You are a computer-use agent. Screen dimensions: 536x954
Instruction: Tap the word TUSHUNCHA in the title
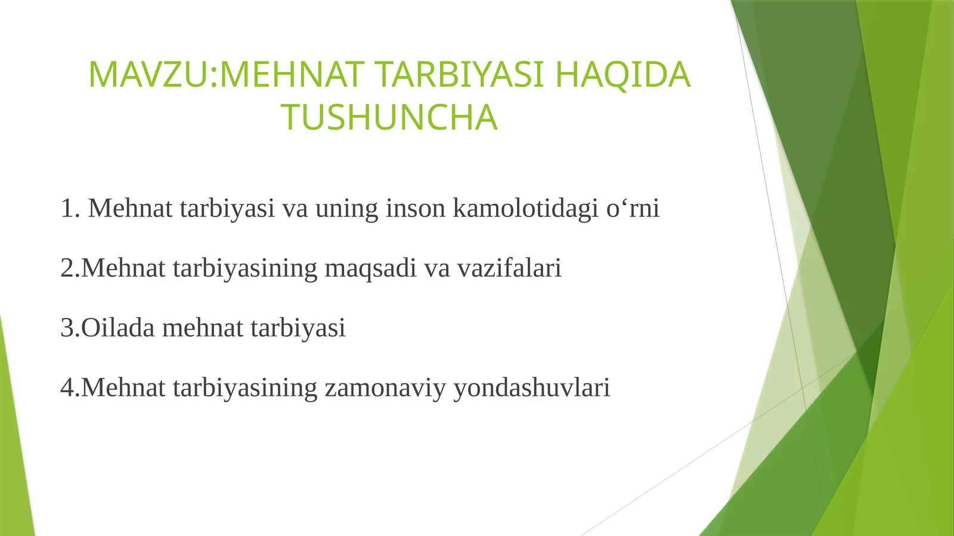[389, 117]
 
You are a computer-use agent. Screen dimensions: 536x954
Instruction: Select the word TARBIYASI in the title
[460, 75]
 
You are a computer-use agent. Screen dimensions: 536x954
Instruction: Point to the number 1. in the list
[70, 209]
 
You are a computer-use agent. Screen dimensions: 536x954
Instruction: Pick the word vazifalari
[509, 268]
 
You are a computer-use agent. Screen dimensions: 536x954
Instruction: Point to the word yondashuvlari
[532, 388]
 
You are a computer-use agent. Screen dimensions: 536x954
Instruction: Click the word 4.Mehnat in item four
[113, 388]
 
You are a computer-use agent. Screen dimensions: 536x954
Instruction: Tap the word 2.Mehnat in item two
[113, 268]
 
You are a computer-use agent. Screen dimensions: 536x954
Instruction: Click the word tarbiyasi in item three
[298, 329]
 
